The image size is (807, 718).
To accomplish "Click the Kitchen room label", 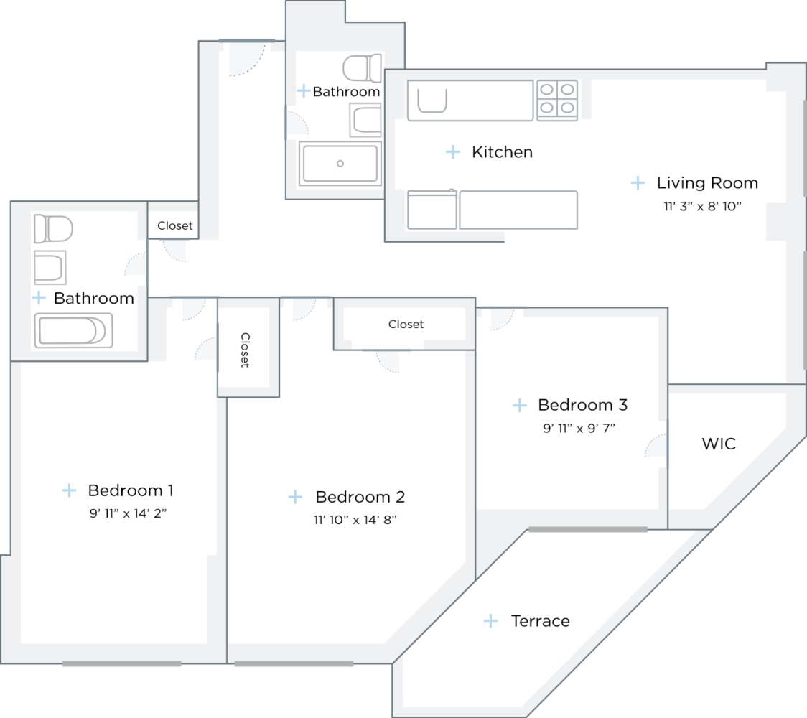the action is pos(502,152).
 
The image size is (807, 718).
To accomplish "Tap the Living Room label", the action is pos(707,183).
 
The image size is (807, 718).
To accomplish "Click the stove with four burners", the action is pos(557,99).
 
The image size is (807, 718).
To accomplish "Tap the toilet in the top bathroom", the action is pos(362,68).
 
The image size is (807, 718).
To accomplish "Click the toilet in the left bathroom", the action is pos(54,229).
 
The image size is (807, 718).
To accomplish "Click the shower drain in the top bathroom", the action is pos(340,164).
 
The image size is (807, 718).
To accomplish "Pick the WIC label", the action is pos(719,444).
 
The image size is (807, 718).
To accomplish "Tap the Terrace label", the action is pos(540,621).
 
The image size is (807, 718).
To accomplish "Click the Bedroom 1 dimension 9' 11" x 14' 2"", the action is pos(130,513).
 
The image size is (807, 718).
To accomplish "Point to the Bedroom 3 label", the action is pos(582,405).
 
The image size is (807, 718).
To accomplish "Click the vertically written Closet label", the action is pos(245,350).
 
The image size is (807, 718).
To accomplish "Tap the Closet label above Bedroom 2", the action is pos(406,325).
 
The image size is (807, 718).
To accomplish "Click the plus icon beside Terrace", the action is pos(490,621).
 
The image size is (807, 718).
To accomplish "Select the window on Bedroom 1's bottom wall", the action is pos(121,663).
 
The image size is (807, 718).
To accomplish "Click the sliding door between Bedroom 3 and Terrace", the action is pos(588,529).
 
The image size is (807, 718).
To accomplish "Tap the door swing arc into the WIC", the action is pos(655,447).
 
